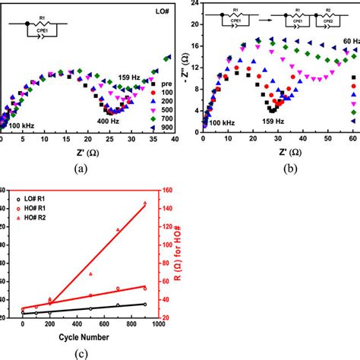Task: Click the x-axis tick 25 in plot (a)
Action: (110, 140)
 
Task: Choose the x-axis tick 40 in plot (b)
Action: (302, 140)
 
